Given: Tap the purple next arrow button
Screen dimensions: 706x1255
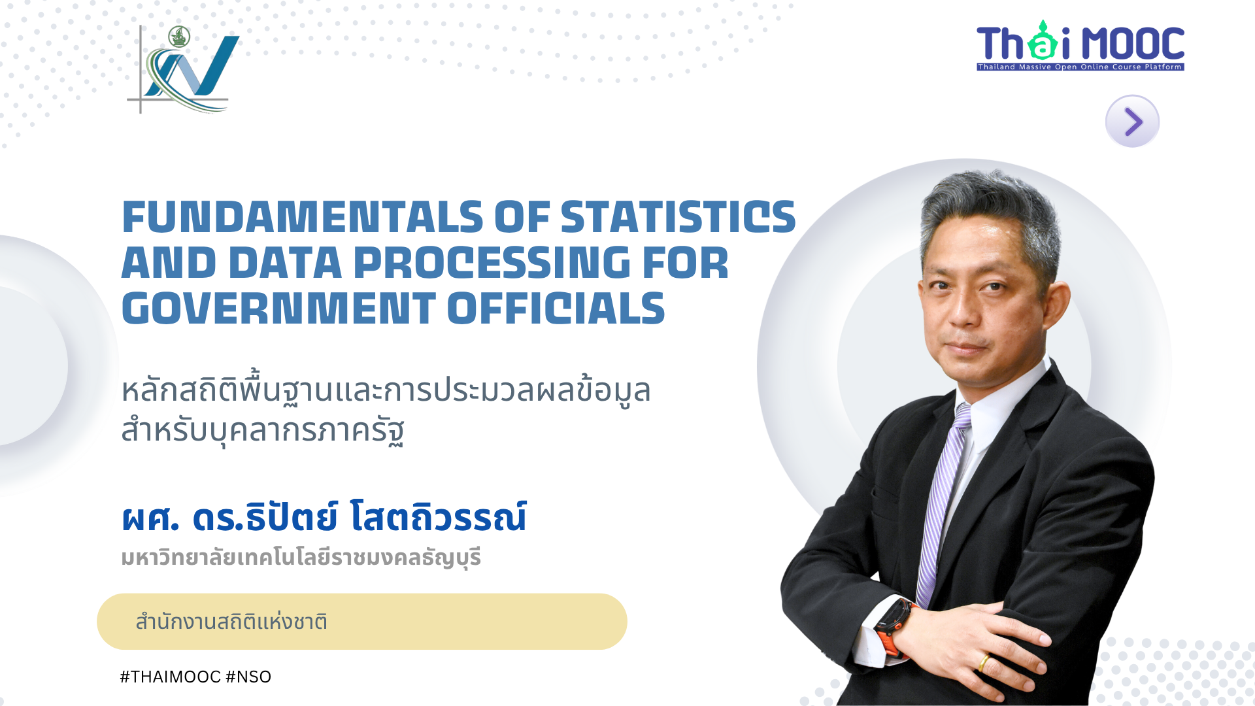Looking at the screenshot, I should (x=1132, y=121).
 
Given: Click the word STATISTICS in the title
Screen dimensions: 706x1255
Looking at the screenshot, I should (x=678, y=217).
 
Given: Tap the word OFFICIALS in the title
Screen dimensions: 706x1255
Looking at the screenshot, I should (x=556, y=309).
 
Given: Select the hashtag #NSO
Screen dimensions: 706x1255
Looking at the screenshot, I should (x=248, y=677).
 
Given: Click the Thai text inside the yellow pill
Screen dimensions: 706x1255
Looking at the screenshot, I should (x=231, y=622).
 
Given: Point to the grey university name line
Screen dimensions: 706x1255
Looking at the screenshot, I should (x=301, y=558).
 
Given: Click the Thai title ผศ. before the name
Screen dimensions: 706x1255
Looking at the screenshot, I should (x=150, y=517).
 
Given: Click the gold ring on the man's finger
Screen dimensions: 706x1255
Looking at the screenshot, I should (x=983, y=663).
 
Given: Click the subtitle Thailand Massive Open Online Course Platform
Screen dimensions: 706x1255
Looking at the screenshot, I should (x=1080, y=67).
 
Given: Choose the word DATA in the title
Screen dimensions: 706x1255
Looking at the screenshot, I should (x=285, y=263).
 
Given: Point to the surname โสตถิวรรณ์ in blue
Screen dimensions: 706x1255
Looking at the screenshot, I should (x=438, y=517).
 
